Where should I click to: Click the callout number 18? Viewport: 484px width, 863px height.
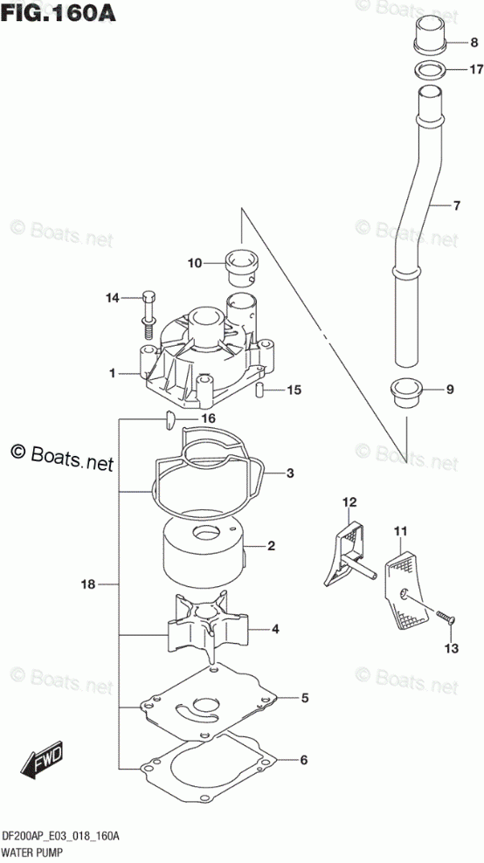[88, 584]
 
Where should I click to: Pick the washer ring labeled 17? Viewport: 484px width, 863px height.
[430, 70]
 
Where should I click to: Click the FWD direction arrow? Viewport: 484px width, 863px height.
[43, 760]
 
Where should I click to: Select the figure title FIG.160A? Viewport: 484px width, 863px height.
[59, 12]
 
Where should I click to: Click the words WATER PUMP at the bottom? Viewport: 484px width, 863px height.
[32, 853]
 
